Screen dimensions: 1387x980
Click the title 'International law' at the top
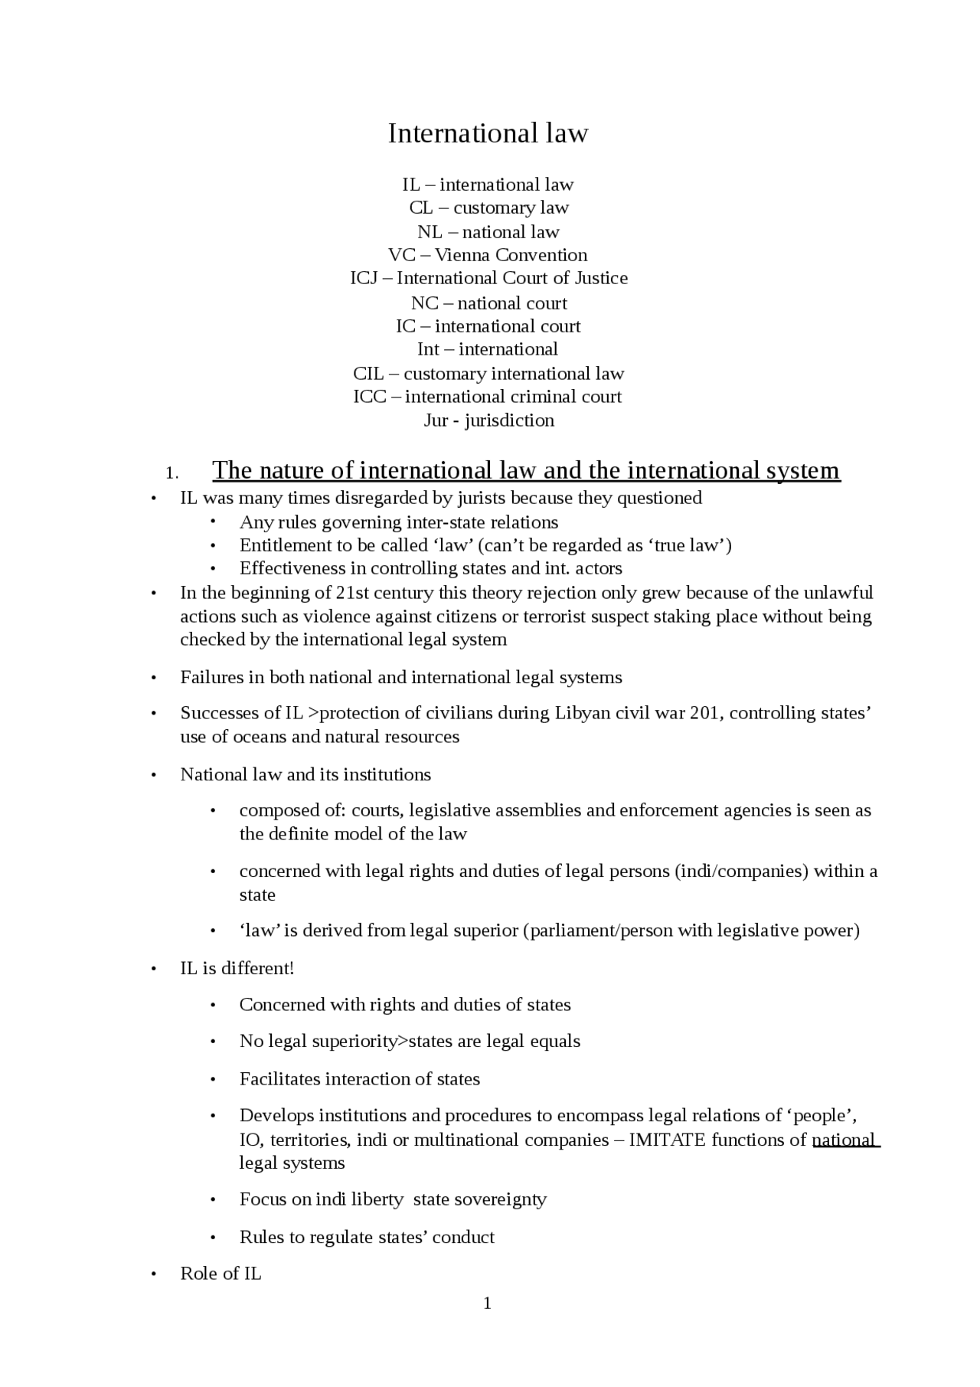point(488,133)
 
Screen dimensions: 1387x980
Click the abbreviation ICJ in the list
point(364,278)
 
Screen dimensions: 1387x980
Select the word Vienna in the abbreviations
point(462,255)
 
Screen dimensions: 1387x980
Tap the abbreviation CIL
point(367,374)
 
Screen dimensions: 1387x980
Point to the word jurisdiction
point(509,420)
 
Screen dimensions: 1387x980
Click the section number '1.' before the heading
point(172,472)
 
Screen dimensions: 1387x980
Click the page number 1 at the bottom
point(488,1303)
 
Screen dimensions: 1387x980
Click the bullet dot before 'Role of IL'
point(154,1274)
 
